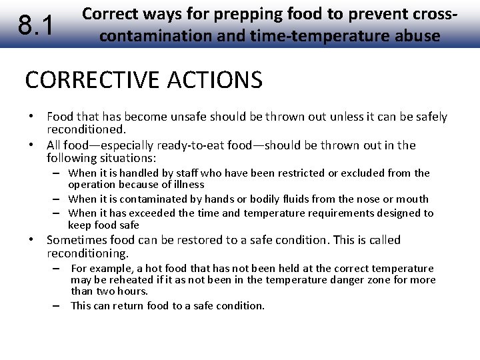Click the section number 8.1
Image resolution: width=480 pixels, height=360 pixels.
(35, 25)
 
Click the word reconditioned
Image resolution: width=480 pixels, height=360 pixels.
(86, 129)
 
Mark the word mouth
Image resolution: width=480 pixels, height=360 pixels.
(414, 199)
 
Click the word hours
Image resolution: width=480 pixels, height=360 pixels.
(133, 291)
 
